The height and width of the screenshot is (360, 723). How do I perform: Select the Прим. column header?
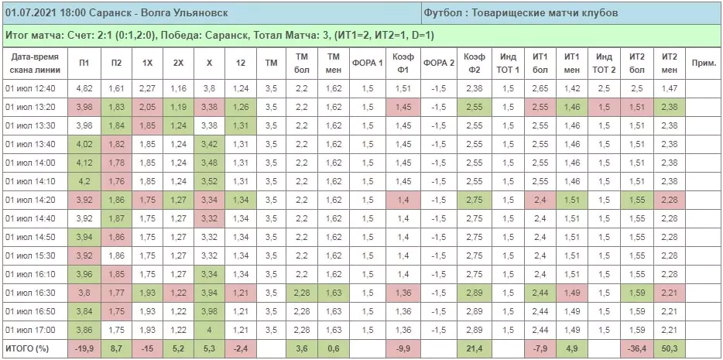(x=703, y=63)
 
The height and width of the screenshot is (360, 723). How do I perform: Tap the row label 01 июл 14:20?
(x=29, y=201)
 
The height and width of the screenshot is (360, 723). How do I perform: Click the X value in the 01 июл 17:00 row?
(x=209, y=330)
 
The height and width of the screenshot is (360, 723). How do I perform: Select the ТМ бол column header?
(x=302, y=63)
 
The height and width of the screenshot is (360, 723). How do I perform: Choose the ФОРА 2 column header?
(x=438, y=63)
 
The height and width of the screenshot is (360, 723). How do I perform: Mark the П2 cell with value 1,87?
(x=117, y=219)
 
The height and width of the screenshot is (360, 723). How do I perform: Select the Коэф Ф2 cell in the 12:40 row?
(x=474, y=88)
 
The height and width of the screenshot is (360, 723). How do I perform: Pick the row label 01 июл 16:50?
(x=29, y=311)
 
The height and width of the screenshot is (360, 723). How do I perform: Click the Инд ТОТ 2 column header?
(x=604, y=63)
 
